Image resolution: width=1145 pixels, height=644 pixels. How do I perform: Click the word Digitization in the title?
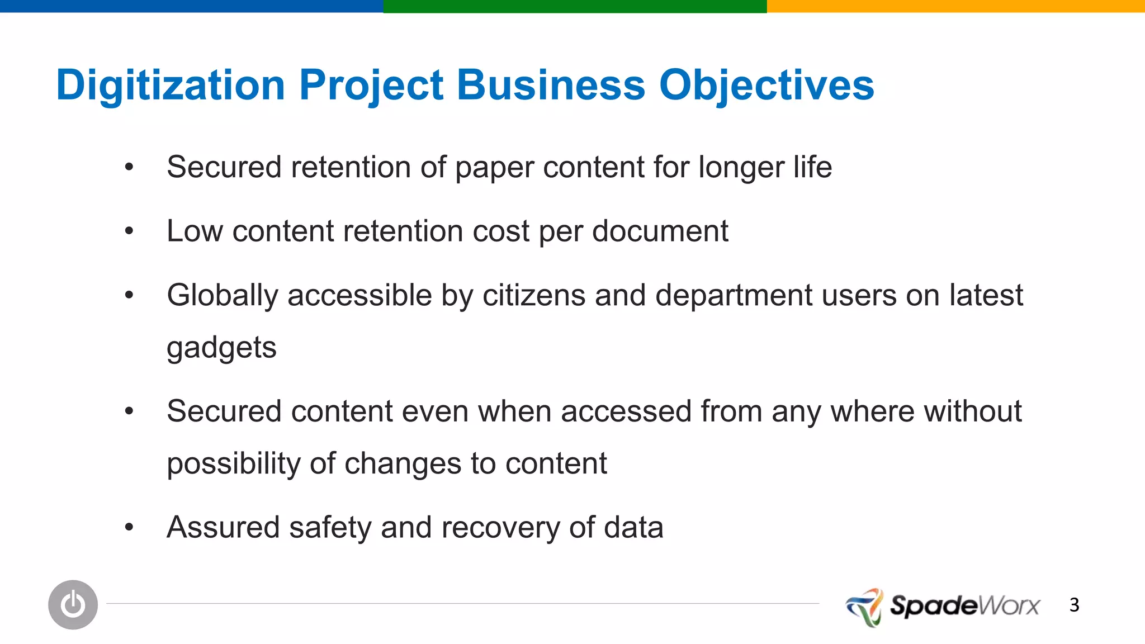171,86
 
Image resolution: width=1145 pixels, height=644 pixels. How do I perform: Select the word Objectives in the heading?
767,86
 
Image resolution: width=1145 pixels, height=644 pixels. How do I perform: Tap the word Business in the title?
551,86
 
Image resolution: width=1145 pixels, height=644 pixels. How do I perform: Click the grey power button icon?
73,605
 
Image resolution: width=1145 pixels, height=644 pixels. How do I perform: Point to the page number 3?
1074,605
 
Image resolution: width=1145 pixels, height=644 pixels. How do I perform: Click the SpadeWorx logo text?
964,606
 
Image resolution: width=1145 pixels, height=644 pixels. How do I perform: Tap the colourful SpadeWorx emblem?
865,607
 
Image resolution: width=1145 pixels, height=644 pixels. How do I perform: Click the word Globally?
222,296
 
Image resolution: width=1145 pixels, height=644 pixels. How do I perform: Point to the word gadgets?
221,348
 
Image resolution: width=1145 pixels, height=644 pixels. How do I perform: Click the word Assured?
223,527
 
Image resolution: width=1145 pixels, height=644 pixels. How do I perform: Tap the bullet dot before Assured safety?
129,527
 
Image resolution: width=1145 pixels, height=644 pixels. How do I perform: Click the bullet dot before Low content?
129,231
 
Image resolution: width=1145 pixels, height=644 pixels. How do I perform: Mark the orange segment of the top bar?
955,6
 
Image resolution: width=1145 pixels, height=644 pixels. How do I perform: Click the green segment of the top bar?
575,6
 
